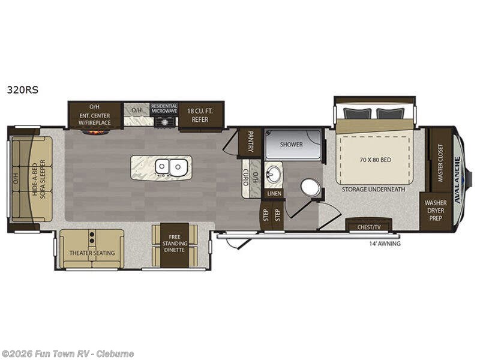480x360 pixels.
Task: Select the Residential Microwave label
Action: [x=164, y=108]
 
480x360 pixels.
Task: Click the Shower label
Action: [x=292, y=145]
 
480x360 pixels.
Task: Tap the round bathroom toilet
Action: [x=310, y=188]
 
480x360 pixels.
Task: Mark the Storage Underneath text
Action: [x=374, y=190]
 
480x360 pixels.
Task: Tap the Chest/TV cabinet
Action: [x=369, y=227]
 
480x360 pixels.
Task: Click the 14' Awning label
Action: [x=385, y=244]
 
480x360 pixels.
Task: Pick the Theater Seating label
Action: [x=92, y=253]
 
